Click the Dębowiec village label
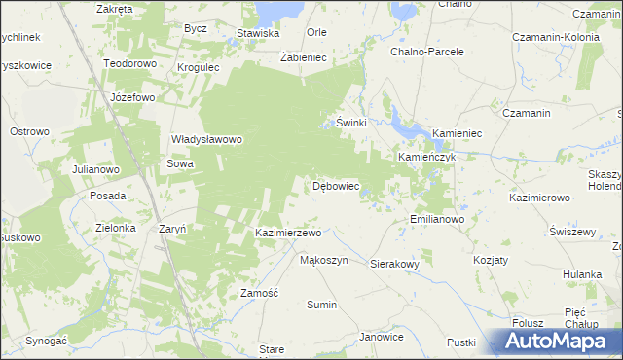pyautogui.click(x=336, y=186)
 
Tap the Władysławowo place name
pyautogui.click(x=205, y=139)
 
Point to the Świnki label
pyautogui.click(x=350, y=124)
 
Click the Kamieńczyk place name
pyautogui.click(x=426, y=157)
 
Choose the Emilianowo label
pyautogui.click(x=436, y=220)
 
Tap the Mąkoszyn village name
pyautogui.click(x=323, y=261)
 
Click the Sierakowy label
pyautogui.click(x=394, y=264)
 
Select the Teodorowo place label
pyautogui.click(x=129, y=63)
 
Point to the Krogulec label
pyautogui.click(x=199, y=68)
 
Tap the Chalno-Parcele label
pyautogui.click(x=426, y=52)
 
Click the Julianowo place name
pyautogui.click(x=95, y=169)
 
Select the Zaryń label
pyautogui.click(x=171, y=230)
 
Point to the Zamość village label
pyautogui.click(x=260, y=293)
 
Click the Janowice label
pyautogui.click(x=381, y=337)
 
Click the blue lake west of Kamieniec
pyautogui.click(x=402, y=124)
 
